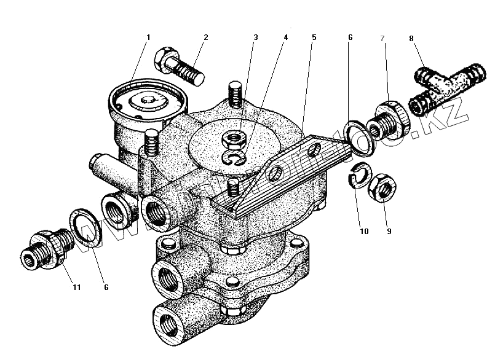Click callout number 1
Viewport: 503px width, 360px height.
(x=148, y=37)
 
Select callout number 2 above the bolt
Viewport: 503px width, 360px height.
(x=205, y=37)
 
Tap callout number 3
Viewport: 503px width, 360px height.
(x=255, y=37)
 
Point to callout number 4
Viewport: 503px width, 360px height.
(x=285, y=37)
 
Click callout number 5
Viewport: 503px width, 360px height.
(x=314, y=37)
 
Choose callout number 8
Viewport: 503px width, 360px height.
(x=411, y=38)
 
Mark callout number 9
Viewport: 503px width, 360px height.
(x=389, y=232)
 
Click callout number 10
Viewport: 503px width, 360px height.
(x=363, y=232)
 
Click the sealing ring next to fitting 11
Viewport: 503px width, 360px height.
(x=84, y=224)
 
